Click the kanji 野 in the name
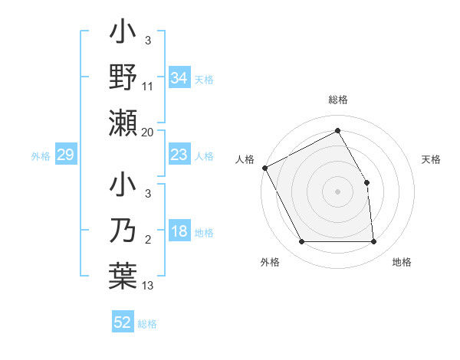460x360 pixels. coord(124,77)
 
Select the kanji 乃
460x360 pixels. coord(124,231)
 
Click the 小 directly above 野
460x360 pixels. coord(124,34)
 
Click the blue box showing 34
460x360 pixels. coord(179,78)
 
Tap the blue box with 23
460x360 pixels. coord(179,155)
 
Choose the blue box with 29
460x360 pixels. coord(65,155)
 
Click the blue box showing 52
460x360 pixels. coord(122,322)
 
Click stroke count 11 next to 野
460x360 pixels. coord(148,87)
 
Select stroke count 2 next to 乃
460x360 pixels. coord(148,241)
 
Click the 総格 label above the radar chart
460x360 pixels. coord(338,100)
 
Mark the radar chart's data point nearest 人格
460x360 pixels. coord(264,168)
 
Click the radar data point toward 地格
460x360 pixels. coord(373,242)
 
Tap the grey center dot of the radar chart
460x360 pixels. coord(337,191)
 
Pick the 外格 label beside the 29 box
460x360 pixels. coord(41,156)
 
